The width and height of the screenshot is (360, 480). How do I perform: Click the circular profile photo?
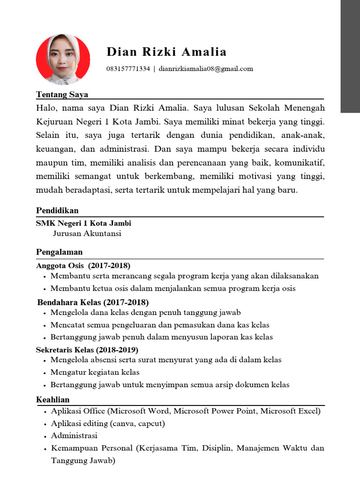coord(63,58)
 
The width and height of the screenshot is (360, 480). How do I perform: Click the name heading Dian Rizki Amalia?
coord(166,52)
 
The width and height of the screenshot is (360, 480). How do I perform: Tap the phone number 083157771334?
coord(128,69)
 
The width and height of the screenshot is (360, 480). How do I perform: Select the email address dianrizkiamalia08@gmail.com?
coord(206,69)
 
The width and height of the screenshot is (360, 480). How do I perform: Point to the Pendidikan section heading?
coord(57,210)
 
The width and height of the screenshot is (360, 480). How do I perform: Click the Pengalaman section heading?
coord(59,252)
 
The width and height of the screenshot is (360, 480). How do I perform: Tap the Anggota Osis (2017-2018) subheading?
coord(83,265)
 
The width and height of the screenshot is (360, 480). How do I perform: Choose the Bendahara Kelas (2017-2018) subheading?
coord(93,302)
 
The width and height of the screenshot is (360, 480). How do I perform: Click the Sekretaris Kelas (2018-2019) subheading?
coord(87,350)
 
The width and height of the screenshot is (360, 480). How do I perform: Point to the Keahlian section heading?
coord(52,399)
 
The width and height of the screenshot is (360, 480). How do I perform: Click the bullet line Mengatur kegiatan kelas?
coord(95,372)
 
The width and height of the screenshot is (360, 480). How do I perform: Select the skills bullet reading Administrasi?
coord(74,435)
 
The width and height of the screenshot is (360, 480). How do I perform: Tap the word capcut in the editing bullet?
coord(150,423)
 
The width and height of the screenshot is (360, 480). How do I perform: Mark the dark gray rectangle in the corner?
coord(350,56)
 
